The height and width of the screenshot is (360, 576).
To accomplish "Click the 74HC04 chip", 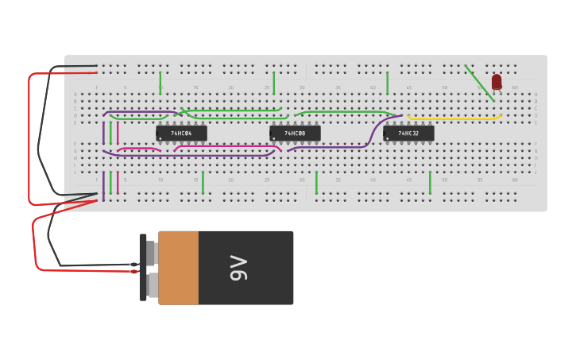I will click(182, 134).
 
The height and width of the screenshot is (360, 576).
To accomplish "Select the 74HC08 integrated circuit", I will click(296, 134).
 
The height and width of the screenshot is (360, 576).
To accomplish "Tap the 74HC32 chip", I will click(409, 134).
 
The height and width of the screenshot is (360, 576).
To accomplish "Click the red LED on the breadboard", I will click(497, 81).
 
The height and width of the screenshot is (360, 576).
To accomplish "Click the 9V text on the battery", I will click(238, 268).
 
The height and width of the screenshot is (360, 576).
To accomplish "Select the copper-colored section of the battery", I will click(179, 268).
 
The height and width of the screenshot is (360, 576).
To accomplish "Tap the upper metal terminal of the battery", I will click(151, 252).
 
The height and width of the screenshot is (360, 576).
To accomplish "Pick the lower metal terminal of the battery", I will click(152, 285).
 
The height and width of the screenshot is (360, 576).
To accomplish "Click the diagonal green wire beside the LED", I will click(479, 83).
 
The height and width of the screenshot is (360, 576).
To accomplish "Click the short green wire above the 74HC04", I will click(160, 82).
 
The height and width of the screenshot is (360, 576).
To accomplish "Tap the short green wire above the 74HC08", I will click(274, 82).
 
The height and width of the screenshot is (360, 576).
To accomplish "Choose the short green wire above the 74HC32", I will click(388, 82).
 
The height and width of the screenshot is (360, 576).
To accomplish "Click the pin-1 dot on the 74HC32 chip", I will click(388, 138).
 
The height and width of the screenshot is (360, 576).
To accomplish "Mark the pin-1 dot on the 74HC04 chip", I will click(160, 138).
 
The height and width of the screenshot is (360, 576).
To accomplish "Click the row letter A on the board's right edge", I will click(536, 95).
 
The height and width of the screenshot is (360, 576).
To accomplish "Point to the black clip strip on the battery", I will click(143, 268).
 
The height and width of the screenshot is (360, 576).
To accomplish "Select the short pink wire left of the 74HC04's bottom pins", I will click(139, 149).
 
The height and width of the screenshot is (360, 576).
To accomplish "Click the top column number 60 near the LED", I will click(514, 87).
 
